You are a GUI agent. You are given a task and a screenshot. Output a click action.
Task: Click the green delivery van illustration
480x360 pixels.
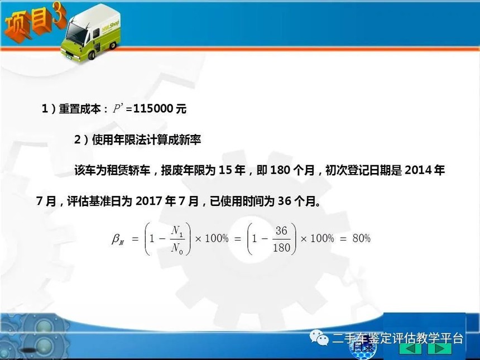[90, 33]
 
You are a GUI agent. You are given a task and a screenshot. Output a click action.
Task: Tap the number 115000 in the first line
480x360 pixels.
[153, 109]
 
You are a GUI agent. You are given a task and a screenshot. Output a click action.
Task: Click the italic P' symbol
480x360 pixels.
[118, 108]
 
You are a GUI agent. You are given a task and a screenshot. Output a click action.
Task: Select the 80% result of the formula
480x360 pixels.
[361, 238]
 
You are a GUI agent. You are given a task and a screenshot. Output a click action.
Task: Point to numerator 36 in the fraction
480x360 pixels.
[281, 231]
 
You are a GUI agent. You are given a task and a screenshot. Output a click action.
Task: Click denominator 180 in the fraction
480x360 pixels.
[281, 247]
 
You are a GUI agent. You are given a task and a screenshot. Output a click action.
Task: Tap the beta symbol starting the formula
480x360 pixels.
[118, 239]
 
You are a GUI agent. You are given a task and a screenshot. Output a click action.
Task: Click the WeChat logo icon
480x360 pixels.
[318, 337]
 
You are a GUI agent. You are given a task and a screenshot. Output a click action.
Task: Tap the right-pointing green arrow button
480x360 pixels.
[440, 348]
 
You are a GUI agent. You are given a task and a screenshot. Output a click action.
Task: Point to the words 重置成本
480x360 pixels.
[80, 109]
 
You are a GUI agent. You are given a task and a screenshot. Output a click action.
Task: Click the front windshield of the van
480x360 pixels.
[75, 33]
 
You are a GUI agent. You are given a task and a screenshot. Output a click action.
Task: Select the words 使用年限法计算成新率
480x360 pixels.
[146, 140]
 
